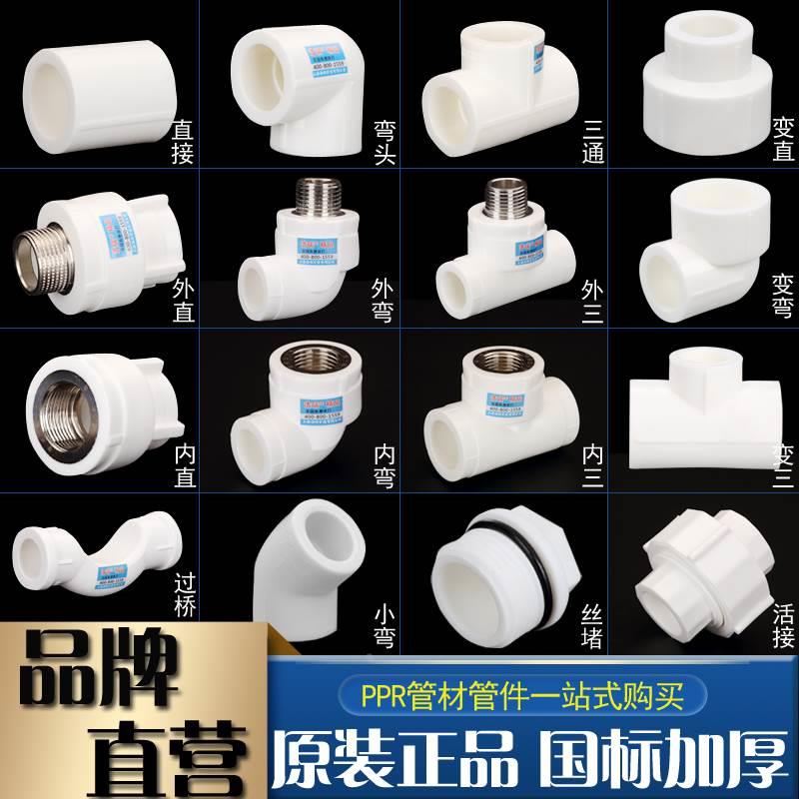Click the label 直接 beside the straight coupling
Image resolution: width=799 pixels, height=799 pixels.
182,140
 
